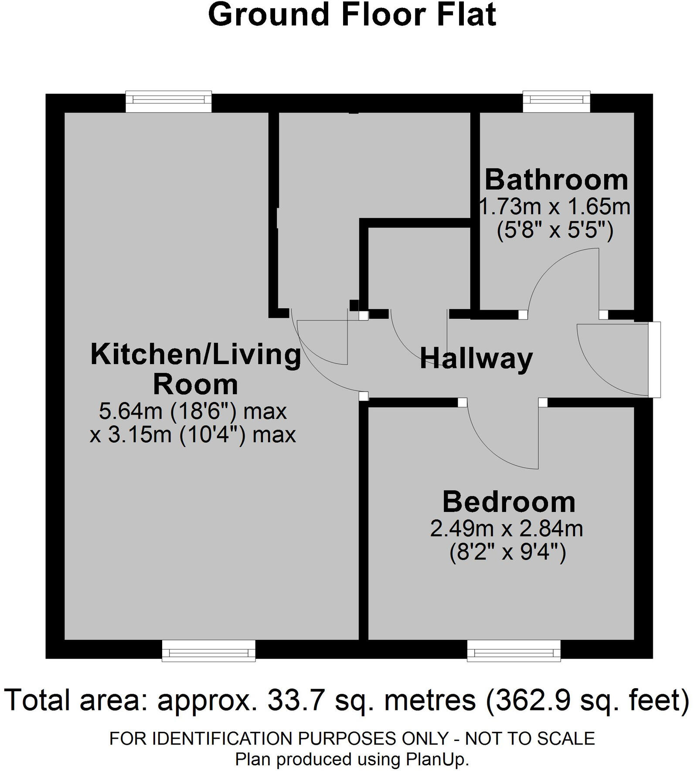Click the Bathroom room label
click(556, 180)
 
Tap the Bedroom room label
click(509, 502)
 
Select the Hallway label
click(476, 358)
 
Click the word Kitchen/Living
click(196, 354)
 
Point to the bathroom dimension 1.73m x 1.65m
click(555, 206)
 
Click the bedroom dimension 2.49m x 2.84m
click(507, 529)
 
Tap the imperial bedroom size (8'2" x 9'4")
click(507, 553)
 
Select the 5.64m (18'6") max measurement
click(193, 411)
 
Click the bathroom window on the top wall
click(556, 101)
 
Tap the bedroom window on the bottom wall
click(514, 651)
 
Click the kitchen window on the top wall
click(168, 101)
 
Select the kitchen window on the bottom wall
click(208, 651)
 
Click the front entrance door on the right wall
click(654, 359)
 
